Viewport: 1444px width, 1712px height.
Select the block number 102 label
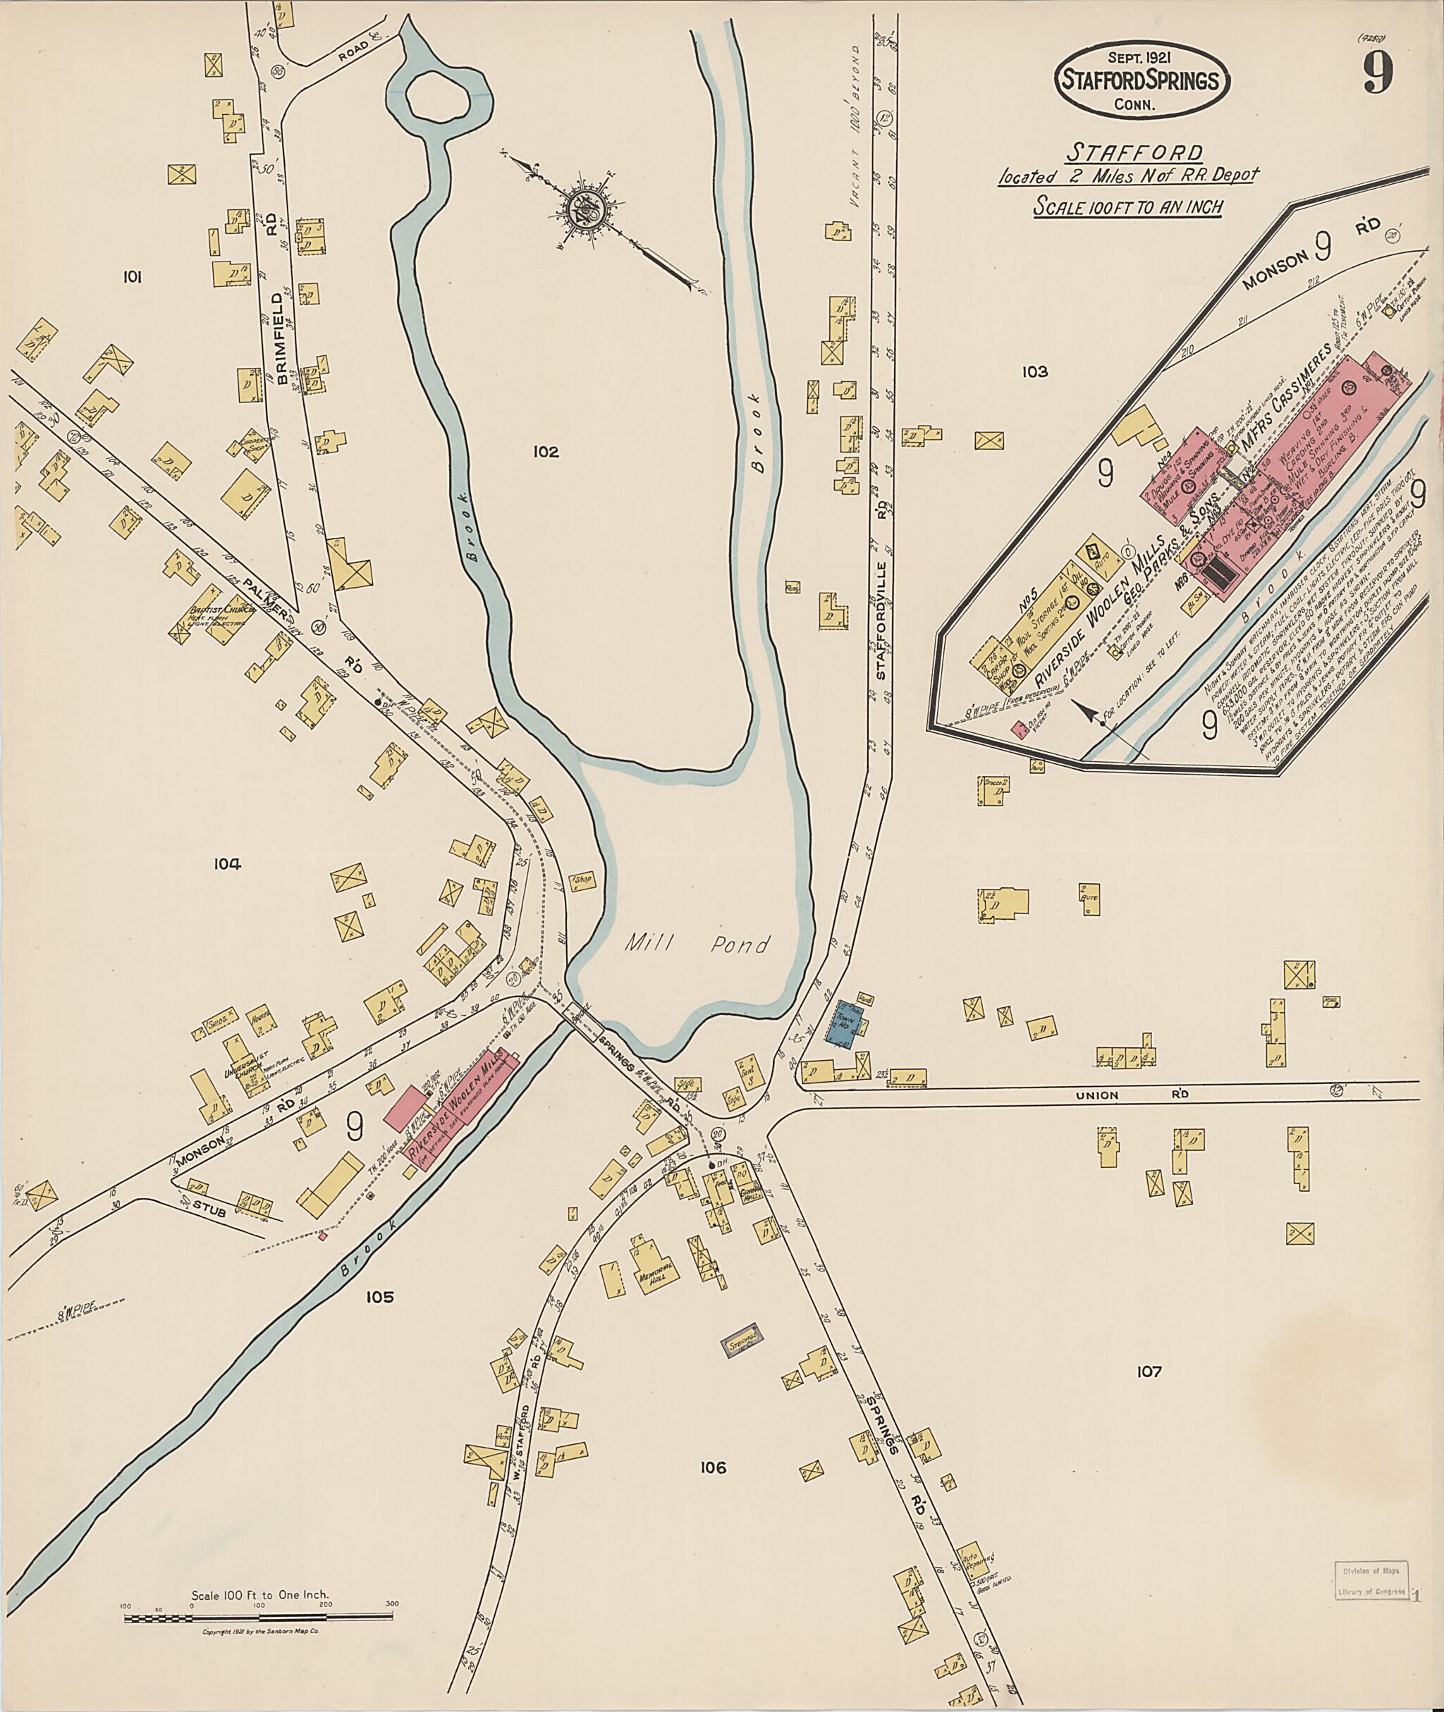point(544,452)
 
